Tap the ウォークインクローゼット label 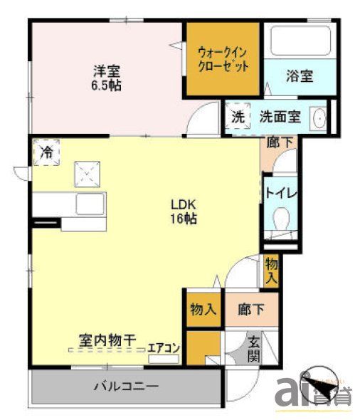click(x=223, y=59)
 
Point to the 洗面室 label click(x=279, y=117)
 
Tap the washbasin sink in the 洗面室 click(x=319, y=119)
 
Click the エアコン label click(x=164, y=348)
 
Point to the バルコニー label click(x=127, y=387)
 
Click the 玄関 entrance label click(x=254, y=348)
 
